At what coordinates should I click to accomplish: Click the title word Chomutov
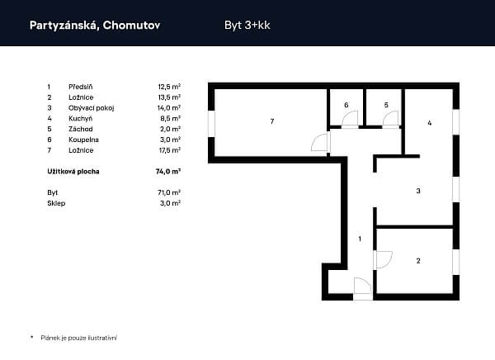click(x=131, y=26)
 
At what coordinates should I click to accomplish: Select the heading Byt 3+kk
click(x=247, y=26)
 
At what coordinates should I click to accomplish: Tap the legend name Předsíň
click(x=81, y=87)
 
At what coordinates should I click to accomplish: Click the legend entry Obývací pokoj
click(x=92, y=108)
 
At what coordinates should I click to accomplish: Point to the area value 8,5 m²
click(x=170, y=119)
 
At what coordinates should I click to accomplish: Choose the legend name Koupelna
click(x=83, y=140)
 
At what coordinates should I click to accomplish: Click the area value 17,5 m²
click(x=169, y=150)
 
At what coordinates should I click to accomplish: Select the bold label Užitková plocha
click(x=73, y=171)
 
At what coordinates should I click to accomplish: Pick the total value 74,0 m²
click(x=168, y=171)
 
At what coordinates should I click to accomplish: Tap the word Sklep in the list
click(x=56, y=203)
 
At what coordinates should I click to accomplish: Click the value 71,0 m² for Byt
click(x=169, y=192)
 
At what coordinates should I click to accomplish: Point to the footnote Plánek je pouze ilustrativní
click(x=78, y=338)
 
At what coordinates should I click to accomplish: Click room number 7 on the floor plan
click(x=272, y=121)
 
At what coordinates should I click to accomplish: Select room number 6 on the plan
click(x=346, y=105)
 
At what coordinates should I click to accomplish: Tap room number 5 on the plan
click(x=386, y=105)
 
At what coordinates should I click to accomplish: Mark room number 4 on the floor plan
click(x=429, y=123)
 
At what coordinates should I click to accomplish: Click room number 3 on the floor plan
click(x=418, y=191)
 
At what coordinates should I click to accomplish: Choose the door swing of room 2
click(x=384, y=260)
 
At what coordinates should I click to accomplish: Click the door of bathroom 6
click(x=350, y=119)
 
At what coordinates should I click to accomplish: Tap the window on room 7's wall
click(x=211, y=124)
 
